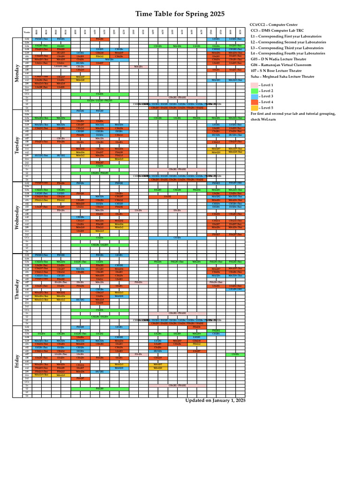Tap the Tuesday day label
tap(17, 145)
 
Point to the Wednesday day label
tap(17, 217)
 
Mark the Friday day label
tap(17, 361)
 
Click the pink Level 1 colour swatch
tap(255, 85)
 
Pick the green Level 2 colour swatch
tap(255, 90)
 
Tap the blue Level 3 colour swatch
tap(255, 96)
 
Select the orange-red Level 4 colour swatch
tap(255, 102)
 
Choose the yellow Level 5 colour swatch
tap(255, 107)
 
